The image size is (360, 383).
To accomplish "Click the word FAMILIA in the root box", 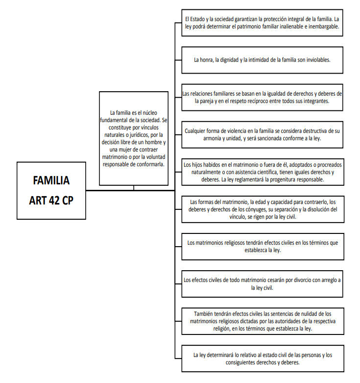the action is point(51,180).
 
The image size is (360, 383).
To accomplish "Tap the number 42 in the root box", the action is point(54,201).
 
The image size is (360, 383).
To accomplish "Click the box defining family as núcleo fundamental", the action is point(134,138).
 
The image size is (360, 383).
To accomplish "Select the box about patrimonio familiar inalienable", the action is point(262,23).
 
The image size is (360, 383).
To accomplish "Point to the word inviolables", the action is point(318,60).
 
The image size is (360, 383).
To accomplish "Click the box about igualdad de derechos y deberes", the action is point(262,98).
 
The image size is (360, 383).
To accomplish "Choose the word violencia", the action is point(234,131).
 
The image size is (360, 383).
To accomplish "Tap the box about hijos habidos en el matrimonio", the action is point(263,172).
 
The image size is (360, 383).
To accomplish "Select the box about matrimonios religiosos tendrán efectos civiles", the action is point(263,247).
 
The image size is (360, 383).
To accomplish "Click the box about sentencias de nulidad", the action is point(263,321).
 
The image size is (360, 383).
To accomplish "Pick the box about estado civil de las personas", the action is point(263,358).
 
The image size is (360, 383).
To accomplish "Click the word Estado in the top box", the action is point(197,19).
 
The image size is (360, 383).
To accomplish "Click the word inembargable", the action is point(324,26).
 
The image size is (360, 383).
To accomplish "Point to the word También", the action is point(203,314).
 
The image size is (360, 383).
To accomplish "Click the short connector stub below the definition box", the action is point(134,188).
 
